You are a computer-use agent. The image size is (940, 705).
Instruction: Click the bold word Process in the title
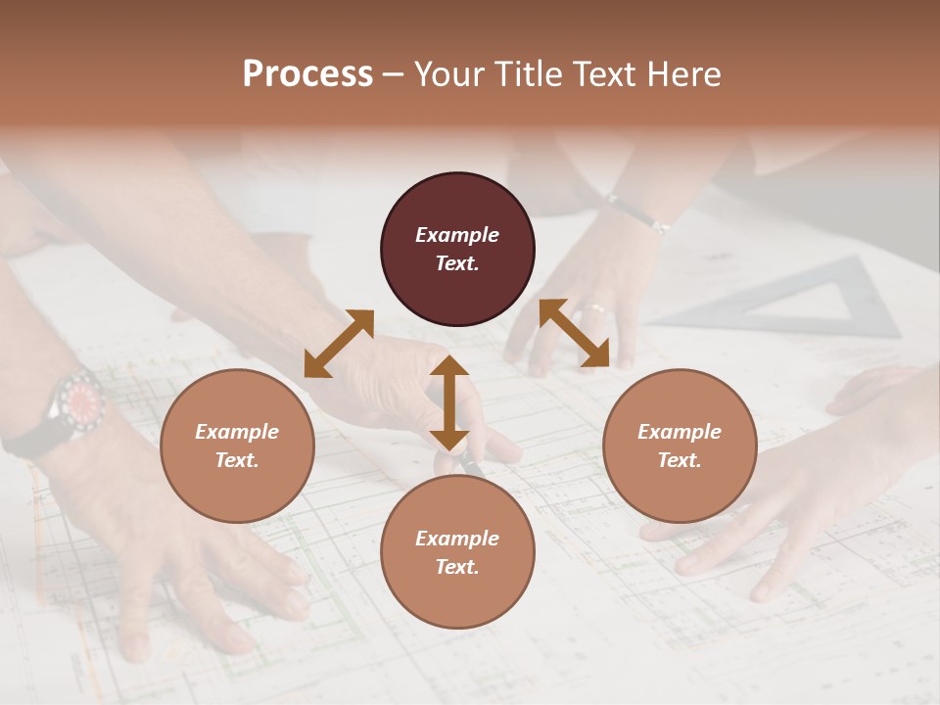click(307, 74)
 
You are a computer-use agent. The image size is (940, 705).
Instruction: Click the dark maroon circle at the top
click(457, 249)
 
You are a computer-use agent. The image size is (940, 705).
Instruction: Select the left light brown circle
click(237, 446)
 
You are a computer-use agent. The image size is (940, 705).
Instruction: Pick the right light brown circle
click(680, 446)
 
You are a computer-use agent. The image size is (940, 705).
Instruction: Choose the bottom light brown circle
click(457, 552)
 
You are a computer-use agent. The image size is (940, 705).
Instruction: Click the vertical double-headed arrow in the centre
click(448, 401)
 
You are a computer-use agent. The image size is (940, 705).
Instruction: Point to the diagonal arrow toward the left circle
click(339, 343)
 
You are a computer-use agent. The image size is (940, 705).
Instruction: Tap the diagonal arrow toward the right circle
click(574, 333)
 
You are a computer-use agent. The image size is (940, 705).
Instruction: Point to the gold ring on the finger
click(594, 309)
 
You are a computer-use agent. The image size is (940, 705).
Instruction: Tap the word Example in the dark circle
click(457, 235)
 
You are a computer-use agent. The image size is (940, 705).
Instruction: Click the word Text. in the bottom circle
click(457, 567)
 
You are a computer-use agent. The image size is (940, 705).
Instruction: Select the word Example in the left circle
click(237, 432)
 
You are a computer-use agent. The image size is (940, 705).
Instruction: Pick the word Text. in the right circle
click(680, 460)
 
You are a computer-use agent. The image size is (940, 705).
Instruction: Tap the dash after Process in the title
click(394, 74)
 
